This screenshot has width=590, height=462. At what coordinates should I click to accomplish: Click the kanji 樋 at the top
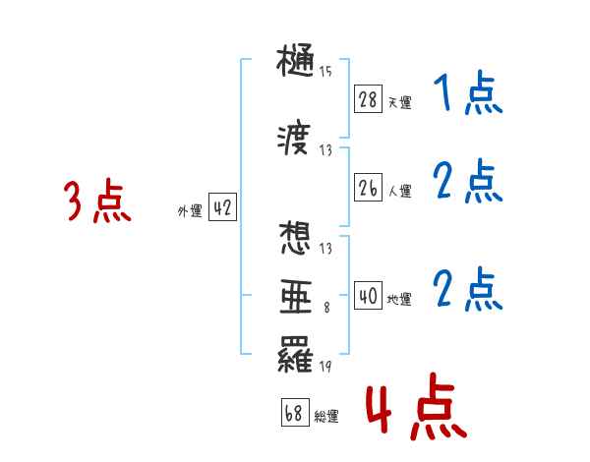pos(297,62)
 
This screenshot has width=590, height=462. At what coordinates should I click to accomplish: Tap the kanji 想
pos(297,239)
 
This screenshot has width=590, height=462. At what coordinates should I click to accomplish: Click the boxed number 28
pos(369,99)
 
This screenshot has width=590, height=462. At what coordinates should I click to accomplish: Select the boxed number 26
pos(369,189)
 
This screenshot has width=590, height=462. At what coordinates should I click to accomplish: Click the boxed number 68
pos(294,413)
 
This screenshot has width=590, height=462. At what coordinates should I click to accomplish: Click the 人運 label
pos(399,191)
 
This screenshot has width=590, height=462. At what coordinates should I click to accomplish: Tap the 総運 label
pos(326,416)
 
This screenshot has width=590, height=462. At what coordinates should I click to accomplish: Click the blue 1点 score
pos(466,95)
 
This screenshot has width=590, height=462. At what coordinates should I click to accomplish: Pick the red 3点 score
pos(97,202)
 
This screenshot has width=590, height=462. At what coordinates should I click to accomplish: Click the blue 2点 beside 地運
pos(468,289)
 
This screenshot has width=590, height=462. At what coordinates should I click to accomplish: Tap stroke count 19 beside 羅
pos(325,369)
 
